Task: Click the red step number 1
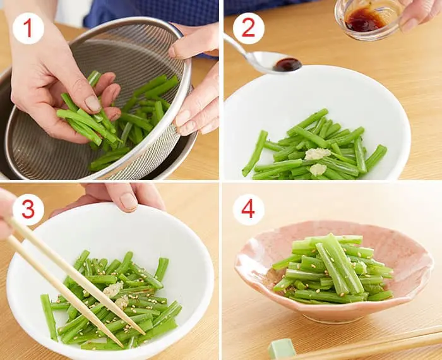pyautogui.click(x=28, y=28)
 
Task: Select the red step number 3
pyautogui.click(x=28, y=209)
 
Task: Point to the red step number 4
pyautogui.click(x=248, y=209)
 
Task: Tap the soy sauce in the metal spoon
pyautogui.click(x=287, y=64)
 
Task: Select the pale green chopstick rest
pyautogui.click(x=282, y=349)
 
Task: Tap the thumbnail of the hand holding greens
pyautogui.click(x=93, y=104)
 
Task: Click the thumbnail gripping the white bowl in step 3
pyautogui.click(x=129, y=201)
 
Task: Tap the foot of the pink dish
pyautogui.click(x=333, y=318)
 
